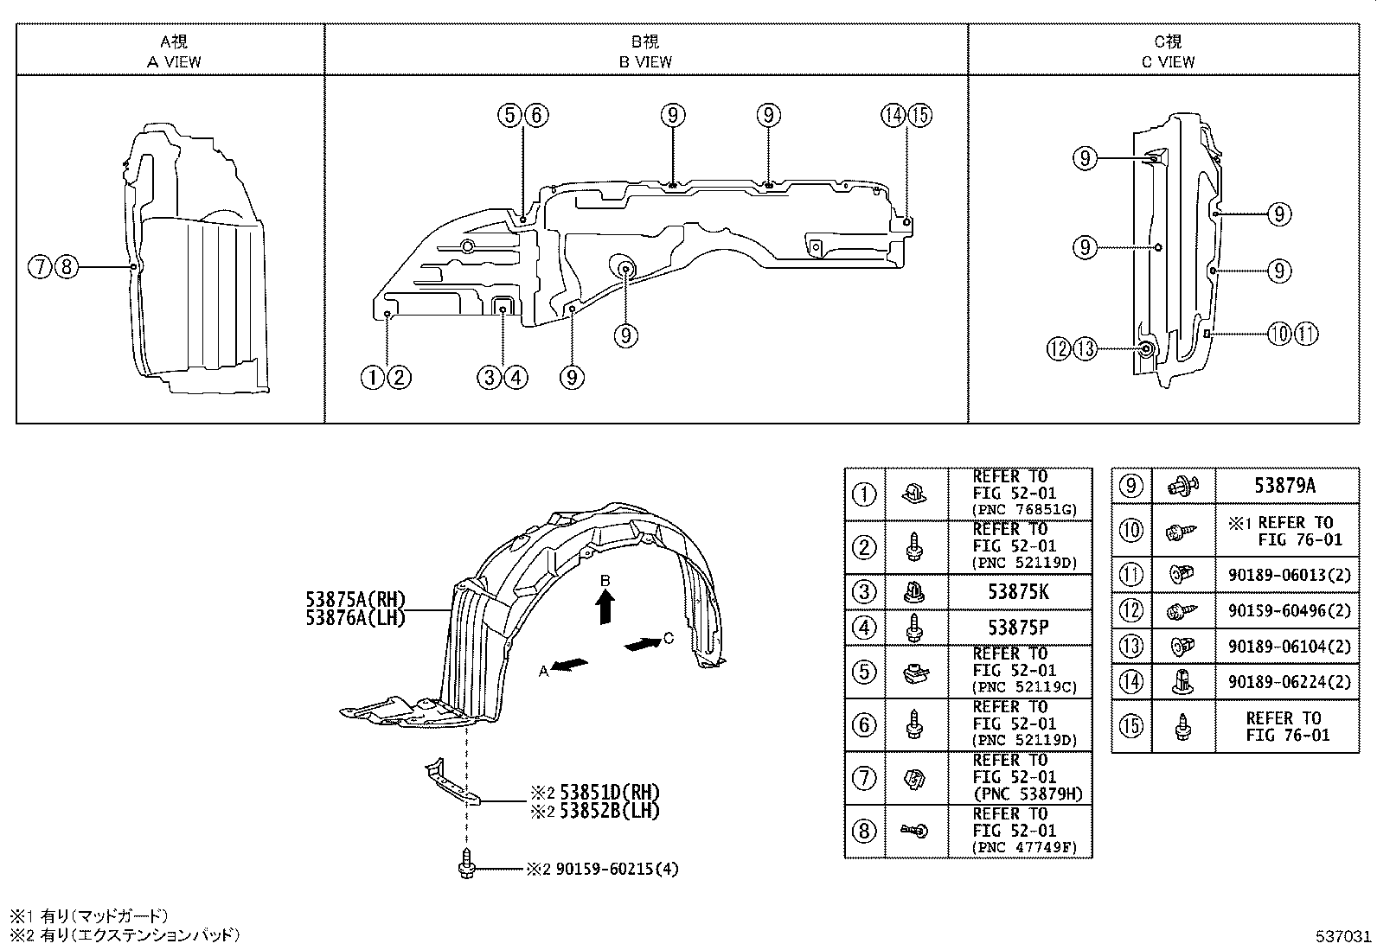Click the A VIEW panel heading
(173, 61)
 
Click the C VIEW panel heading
(1168, 61)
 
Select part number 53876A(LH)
(355, 618)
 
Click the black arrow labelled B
(606, 607)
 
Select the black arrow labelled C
(642, 644)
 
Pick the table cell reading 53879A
(1284, 486)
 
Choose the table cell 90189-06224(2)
(1289, 682)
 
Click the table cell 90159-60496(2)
(1289, 610)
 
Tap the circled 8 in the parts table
(864, 832)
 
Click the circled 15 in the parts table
(1131, 725)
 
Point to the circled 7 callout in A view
(39, 267)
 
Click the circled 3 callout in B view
(489, 377)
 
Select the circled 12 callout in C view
(1059, 349)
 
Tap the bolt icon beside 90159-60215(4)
(466, 864)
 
